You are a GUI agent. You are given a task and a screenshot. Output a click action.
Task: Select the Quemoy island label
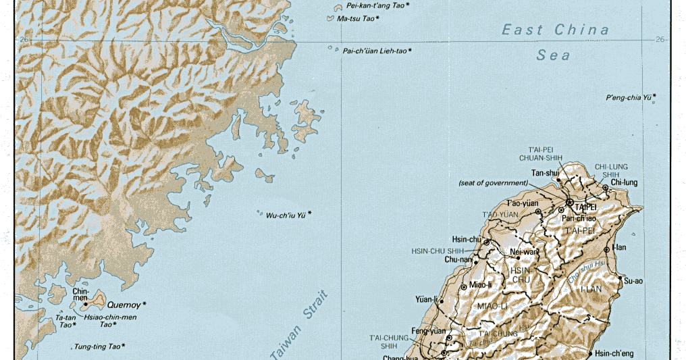tap(125, 304)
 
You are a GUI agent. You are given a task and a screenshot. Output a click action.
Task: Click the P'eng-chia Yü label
tap(629, 98)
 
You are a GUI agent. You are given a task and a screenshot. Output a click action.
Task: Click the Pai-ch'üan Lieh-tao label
tap(375, 51)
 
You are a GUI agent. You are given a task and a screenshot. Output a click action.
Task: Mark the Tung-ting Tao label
tap(96, 346)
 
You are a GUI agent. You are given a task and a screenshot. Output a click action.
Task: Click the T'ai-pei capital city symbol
tap(570, 202)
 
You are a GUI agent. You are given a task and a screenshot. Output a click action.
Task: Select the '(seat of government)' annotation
tap(492, 183)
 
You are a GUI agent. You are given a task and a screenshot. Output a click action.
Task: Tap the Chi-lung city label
tap(624, 182)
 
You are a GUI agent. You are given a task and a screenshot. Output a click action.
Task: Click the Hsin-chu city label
tap(465, 239)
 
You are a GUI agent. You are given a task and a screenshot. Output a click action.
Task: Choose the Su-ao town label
tap(633, 280)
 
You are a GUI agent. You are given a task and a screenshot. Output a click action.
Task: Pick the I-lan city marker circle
tap(606, 249)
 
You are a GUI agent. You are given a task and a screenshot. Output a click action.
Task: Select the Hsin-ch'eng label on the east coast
tap(613, 353)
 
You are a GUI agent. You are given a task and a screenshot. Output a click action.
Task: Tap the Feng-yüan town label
tap(429, 331)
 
